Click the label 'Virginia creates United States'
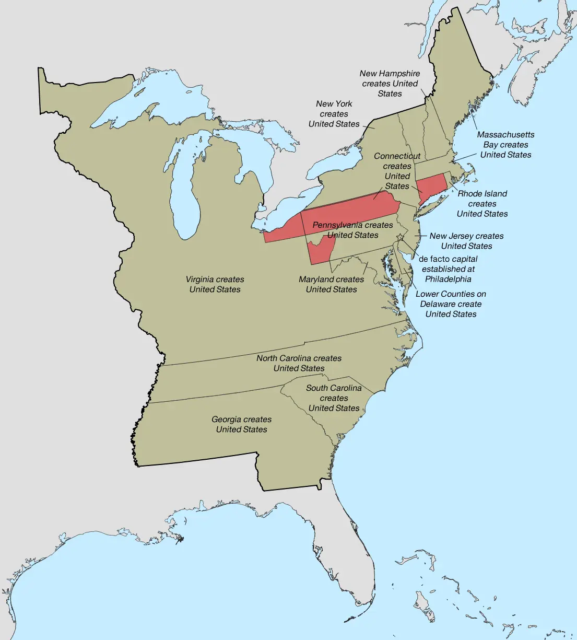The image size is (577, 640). coord(215,284)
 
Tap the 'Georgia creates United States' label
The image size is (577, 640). coord(241,424)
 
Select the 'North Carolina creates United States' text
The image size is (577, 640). coord(299,363)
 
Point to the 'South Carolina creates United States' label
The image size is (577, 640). coord(334,398)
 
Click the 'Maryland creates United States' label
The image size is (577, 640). coord(331,284)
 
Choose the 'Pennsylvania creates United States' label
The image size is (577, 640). coord(352,230)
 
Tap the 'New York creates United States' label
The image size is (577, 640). coord(334,114)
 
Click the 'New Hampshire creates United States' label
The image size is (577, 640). coord(390,84)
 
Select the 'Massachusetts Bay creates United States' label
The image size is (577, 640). coord(505,145)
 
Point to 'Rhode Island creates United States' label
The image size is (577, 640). coord(482,203)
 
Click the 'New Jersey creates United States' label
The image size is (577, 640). coord(466,241)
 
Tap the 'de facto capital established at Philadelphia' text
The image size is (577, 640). coord(448,269)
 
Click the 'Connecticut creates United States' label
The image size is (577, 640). coord(397,171)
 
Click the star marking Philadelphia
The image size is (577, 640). coord(401,237)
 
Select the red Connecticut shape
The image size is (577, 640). coord(431,186)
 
